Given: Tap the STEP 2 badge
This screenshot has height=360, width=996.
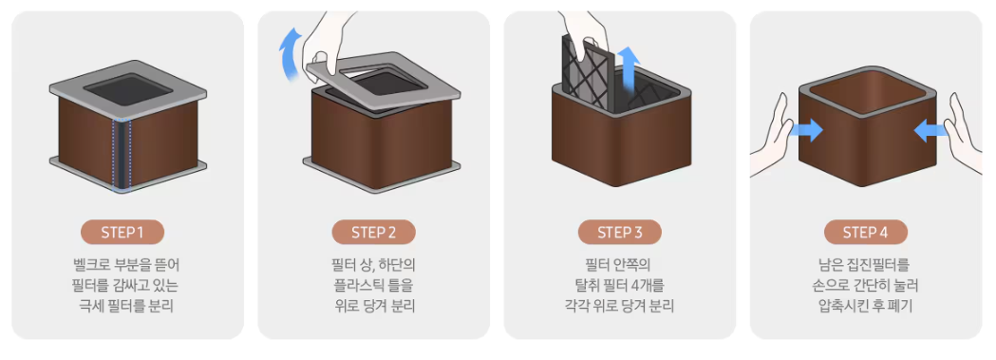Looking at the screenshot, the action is tap(373, 233).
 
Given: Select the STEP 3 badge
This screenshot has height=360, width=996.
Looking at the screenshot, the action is tap(619, 233).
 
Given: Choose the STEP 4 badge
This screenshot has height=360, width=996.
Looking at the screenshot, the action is tap(865, 233).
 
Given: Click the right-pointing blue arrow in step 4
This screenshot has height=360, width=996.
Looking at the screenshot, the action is tap(805, 131).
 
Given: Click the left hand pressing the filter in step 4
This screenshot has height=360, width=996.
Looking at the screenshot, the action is tap(772, 137).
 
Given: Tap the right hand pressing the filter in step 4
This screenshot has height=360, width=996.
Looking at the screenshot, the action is tap(965, 135).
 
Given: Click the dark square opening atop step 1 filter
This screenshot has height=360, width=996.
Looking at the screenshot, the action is tap(128, 90).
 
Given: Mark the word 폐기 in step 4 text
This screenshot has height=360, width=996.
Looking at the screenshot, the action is tap(901, 306).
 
